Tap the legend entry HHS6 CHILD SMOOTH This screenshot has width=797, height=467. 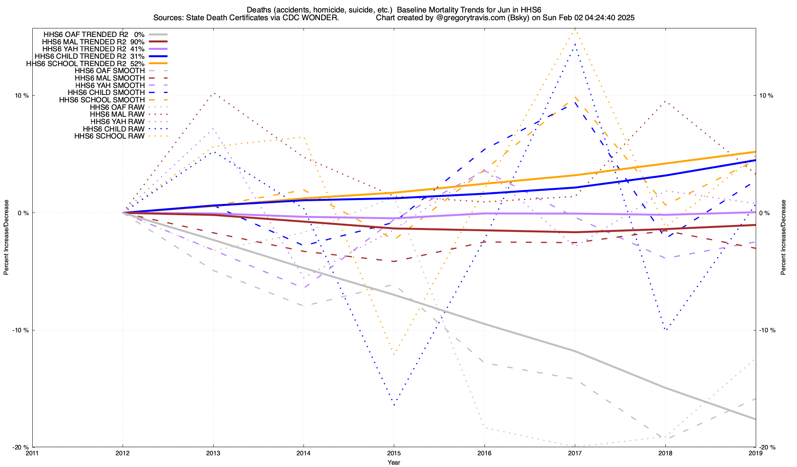point(106,93)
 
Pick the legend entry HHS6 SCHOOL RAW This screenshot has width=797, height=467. point(109,136)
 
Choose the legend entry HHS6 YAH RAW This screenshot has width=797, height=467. point(117,122)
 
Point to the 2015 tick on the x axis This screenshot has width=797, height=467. point(394,453)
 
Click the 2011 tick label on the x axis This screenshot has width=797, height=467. point(32,453)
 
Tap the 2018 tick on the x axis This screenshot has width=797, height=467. point(665,453)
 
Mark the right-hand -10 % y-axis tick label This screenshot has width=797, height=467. point(767,330)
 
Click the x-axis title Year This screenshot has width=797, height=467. point(394,462)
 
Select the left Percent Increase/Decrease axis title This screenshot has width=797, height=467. point(6,237)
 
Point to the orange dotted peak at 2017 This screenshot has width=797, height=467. point(575,28)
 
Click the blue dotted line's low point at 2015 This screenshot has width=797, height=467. point(394,405)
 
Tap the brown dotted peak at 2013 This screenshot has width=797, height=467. point(213,93)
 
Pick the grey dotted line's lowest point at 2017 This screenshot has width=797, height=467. point(575,446)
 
